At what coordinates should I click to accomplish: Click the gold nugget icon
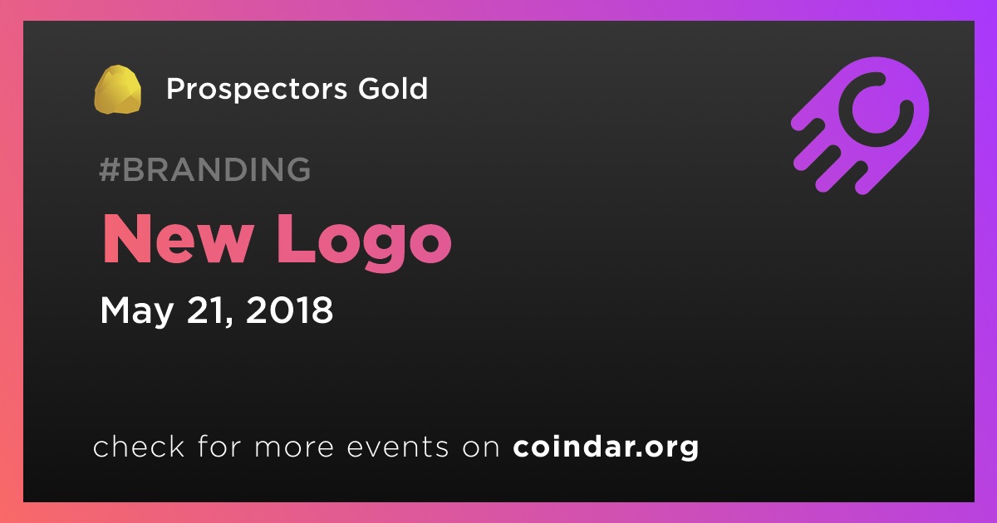coord(117,90)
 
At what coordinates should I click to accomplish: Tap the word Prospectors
coord(257,90)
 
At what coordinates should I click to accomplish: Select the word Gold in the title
coord(393,88)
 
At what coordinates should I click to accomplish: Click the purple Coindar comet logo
coord(860,125)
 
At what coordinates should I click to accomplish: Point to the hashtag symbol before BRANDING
coord(110,169)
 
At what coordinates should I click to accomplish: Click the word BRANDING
coord(217,169)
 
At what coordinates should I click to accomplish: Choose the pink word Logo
coord(364,242)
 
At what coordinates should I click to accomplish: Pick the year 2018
coord(289,310)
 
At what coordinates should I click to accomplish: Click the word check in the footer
coord(139,446)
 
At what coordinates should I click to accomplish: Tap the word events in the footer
coord(397,447)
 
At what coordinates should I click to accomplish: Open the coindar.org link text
coord(606,447)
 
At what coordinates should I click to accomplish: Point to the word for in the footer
coord(219,446)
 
